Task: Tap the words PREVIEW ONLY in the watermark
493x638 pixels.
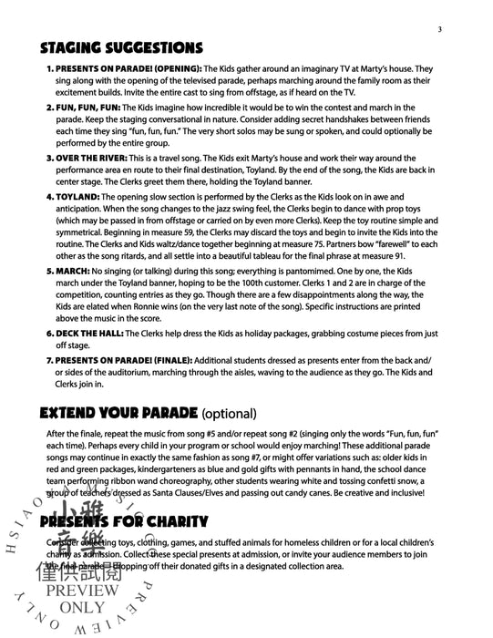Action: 88,599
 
